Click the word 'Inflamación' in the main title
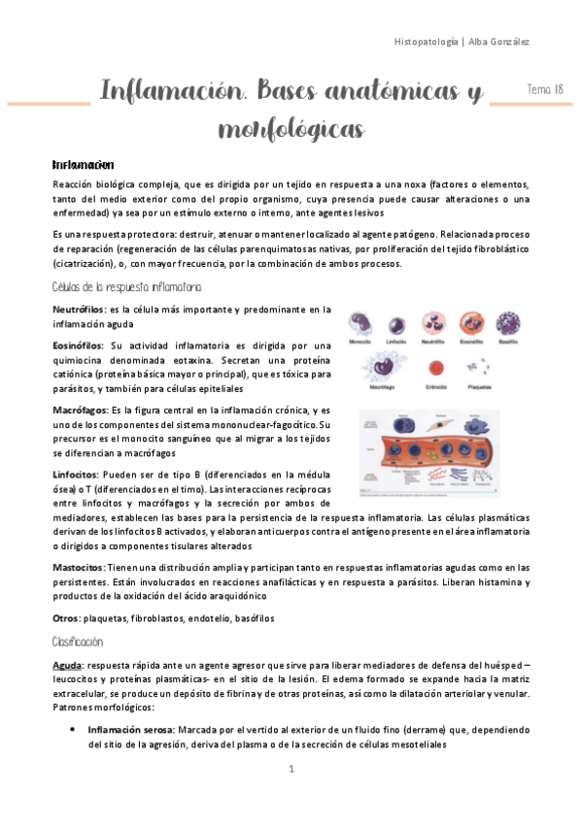(x=164, y=93)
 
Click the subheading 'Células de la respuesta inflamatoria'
(x=127, y=287)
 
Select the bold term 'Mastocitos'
(x=79, y=567)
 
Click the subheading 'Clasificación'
(x=79, y=642)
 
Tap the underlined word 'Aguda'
(x=67, y=665)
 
